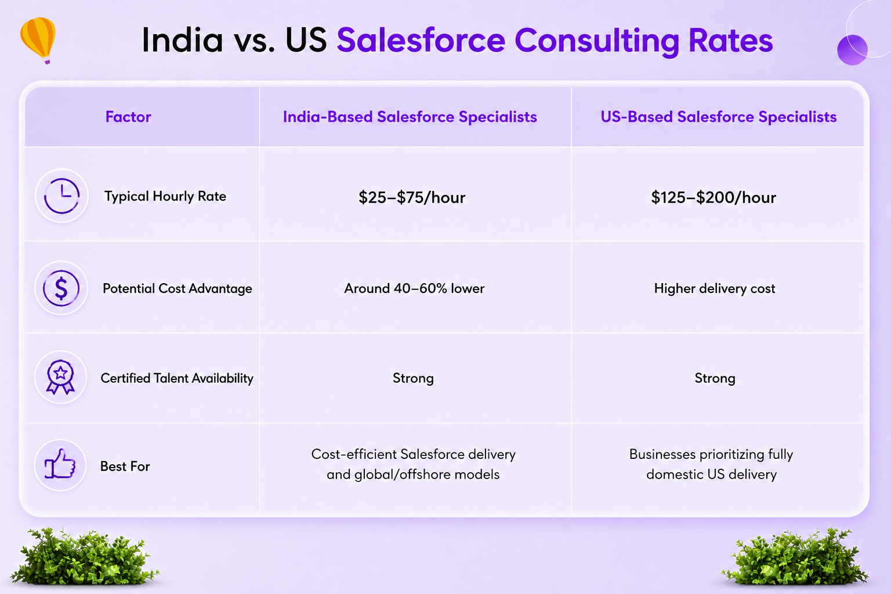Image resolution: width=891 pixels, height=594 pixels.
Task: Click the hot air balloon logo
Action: tap(38, 40)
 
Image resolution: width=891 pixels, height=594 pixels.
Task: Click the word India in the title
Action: tap(183, 40)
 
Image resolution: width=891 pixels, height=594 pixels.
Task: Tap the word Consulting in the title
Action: tap(597, 41)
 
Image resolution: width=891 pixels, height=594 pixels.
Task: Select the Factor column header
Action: tap(128, 117)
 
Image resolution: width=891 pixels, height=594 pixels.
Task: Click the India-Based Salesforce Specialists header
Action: tap(410, 117)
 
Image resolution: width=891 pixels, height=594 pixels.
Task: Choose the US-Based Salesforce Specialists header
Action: tap(718, 117)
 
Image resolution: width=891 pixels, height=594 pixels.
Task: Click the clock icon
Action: tap(61, 195)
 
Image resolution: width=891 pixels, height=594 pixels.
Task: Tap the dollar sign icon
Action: tap(61, 288)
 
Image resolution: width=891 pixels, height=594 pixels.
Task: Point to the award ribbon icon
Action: tap(60, 377)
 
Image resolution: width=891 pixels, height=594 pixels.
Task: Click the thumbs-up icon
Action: tap(60, 464)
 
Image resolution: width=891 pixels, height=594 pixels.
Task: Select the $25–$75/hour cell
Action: tap(412, 197)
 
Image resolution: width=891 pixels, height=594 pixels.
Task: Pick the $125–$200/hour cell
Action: tap(713, 197)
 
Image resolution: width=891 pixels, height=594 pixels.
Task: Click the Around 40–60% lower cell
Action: tap(414, 288)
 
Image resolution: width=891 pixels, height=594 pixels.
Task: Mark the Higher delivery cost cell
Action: tap(715, 288)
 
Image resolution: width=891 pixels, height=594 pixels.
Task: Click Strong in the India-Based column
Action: tap(413, 378)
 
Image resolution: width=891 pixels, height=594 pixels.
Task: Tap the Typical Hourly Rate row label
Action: tap(165, 196)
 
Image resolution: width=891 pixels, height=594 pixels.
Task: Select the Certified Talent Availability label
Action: tap(176, 378)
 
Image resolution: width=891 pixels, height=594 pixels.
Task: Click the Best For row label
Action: tap(125, 466)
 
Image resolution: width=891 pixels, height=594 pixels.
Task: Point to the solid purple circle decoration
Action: tap(852, 50)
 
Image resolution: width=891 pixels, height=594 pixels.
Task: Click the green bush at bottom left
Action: tap(84, 557)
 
